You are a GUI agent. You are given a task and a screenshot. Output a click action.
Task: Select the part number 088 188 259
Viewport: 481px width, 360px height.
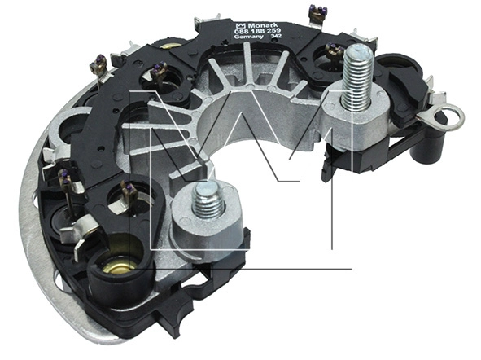[x=258, y=31]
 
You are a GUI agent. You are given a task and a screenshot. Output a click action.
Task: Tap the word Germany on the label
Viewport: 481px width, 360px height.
[x=248, y=37]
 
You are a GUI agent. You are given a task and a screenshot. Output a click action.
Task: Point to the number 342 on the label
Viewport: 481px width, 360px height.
[x=276, y=36]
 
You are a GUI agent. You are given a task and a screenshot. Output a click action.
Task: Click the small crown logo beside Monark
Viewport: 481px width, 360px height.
[x=240, y=25]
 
